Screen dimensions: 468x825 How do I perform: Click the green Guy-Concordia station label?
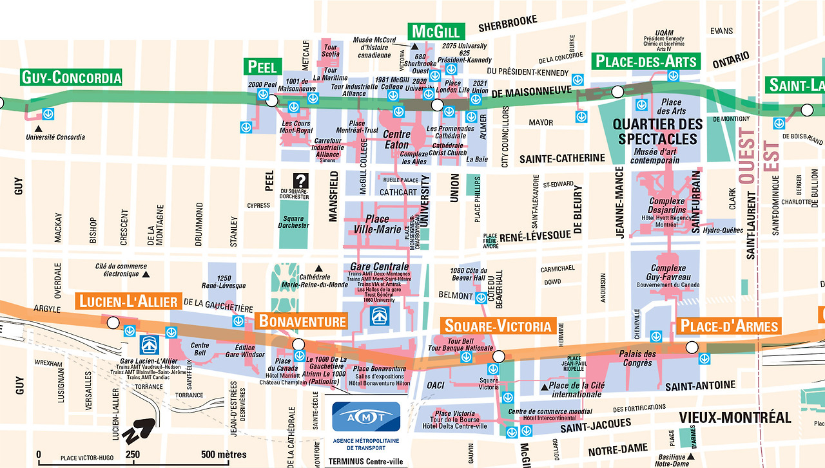pyautogui.click(x=71, y=78)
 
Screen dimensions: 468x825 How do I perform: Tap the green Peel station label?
pyautogui.click(x=262, y=66)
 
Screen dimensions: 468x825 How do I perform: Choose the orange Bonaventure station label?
pyautogui.click(x=302, y=321)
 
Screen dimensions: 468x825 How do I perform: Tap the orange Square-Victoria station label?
pyautogui.click(x=498, y=326)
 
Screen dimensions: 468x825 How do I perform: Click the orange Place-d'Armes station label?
pyautogui.click(x=729, y=326)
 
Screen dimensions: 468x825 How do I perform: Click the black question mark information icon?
pyautogui.click(x=300, y=181)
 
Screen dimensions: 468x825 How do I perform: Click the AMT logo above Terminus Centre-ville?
pyautogui.click(x=365, y=417)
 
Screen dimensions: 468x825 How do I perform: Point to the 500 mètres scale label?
pyautogui.click(x=223, y=454)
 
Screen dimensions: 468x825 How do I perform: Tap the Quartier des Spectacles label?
pyautogui.click(x=657, y=131)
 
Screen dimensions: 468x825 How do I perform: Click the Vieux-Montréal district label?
pyautogui.click(x=735, y=417)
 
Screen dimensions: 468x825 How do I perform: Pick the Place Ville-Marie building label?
pyautogui.click(x=377, y=224)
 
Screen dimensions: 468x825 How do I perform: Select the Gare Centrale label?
pyautogui.click(x=379, y=267)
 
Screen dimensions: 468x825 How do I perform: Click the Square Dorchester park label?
pyautogui.click(x=293, y=222)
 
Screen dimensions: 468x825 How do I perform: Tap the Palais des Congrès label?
pyautogui.click(x=637, y=358)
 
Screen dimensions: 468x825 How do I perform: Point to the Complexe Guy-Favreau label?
pyautogui.click(x=668, y=272)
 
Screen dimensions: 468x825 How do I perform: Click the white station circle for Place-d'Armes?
pyautogui.click(x=692, y=348)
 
